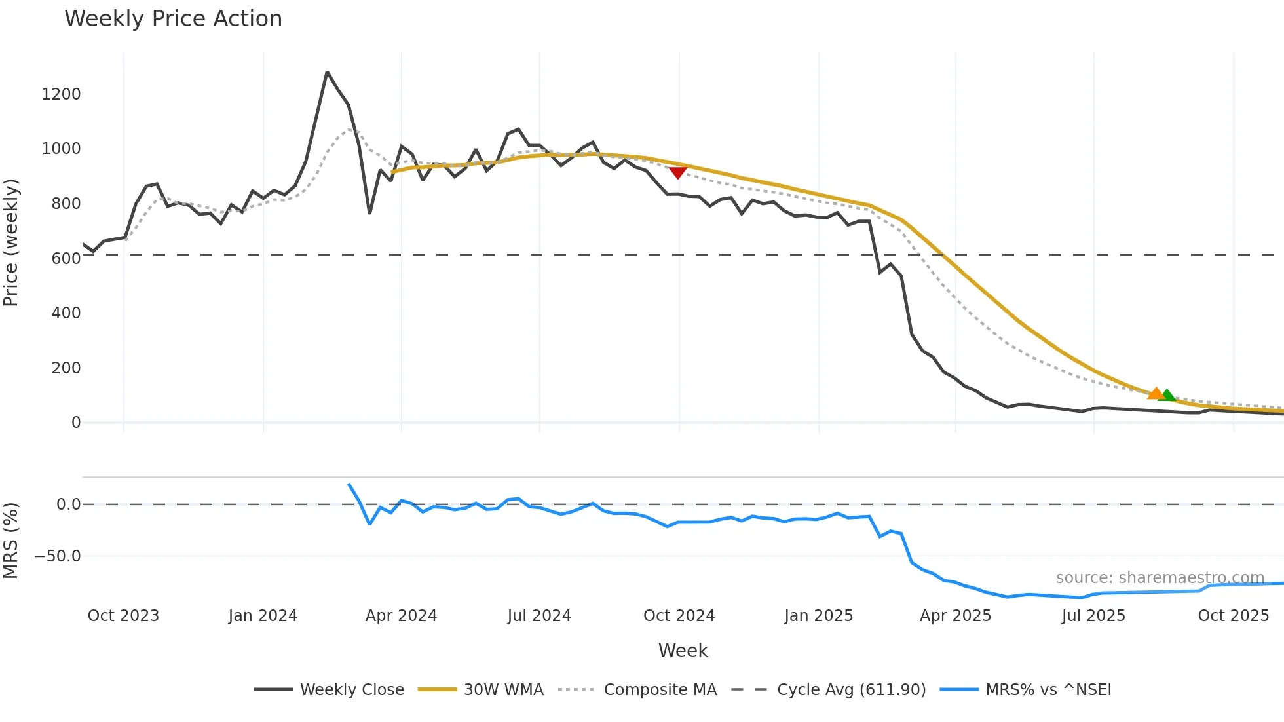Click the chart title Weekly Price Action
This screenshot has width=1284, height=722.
173,19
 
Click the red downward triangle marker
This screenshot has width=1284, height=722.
677,172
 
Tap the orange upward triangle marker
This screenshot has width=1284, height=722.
1156,393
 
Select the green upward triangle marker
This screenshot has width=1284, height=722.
1167,395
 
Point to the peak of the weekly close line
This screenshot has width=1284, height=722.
327,72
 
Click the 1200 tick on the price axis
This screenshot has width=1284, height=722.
61,94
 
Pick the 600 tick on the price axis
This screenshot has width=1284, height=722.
66,259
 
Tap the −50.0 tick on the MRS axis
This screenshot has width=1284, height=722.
58,556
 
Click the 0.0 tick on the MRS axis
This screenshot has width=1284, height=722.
68,504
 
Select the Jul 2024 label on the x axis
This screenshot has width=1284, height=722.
539,616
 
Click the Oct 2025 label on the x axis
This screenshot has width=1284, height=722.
1233,616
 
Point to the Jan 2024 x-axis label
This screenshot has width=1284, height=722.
263,616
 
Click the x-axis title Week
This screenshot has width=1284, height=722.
683,651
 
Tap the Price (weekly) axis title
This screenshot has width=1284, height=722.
11,242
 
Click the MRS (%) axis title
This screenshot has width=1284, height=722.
11,541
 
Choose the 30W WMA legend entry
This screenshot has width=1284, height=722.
503,690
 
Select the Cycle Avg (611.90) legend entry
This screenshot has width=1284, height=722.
851,690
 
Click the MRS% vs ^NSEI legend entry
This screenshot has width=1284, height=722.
1048,690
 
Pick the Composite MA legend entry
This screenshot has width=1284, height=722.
660,690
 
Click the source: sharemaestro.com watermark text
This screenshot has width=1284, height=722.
1160,578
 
